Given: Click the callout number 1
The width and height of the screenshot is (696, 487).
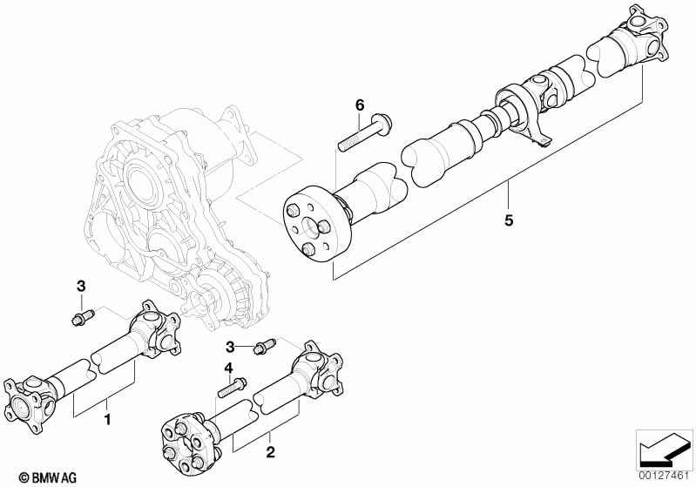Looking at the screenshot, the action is [107, 419].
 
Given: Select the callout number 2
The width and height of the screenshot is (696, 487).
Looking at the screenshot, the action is [270, 452].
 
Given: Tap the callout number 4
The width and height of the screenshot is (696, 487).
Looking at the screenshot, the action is [228, 368].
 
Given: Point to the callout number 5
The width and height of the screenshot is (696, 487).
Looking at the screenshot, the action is [509, 220].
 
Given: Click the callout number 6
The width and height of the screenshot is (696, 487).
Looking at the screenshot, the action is [360, 105].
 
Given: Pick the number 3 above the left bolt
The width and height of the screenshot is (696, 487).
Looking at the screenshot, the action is [81, 287].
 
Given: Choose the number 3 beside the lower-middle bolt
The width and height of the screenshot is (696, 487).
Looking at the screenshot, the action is [230, 347].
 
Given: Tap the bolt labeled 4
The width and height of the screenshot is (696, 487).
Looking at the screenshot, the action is [233, 387].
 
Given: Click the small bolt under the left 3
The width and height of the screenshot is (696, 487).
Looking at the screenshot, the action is [83, 317].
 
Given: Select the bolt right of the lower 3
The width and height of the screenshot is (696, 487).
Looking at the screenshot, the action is [264, 346].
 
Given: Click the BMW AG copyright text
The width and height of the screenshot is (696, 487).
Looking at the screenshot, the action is [48, 477].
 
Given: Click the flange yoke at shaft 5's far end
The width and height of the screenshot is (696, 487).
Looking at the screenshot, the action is [639, 37].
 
